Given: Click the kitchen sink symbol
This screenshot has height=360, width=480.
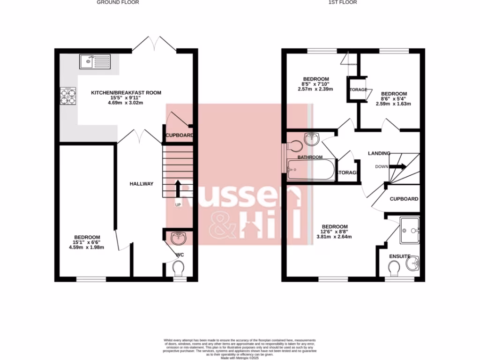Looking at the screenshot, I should coord(95,61).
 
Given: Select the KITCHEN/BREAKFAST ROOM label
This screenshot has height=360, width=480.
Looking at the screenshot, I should coord(126,93).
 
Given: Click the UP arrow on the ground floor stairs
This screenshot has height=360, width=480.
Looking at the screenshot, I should coord(178,189).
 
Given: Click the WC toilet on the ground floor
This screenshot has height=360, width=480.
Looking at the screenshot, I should coord(178,269).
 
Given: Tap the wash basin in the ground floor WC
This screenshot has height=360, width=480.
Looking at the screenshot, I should coord(179,239).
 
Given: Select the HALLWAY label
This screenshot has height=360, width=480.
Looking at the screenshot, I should coord(141,184).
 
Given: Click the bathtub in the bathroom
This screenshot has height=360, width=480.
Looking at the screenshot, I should coord(311,169).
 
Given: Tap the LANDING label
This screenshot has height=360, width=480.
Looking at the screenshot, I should coord(379,153).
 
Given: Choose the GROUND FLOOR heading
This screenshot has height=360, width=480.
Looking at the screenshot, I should coord(118,2).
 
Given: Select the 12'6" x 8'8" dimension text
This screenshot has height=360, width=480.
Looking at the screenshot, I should coord(335,232).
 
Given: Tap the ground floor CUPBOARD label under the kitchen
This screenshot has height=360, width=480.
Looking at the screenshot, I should coord(179,135).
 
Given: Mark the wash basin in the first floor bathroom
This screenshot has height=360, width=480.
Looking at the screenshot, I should coord(312,138).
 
